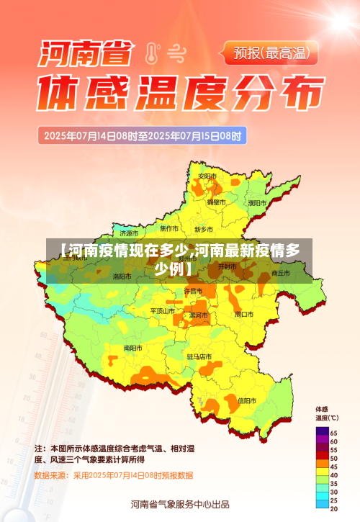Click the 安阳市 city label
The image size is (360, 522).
pyautogui.click(x=207, y=176)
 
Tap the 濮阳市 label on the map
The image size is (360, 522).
pyautogui.click(x=257, y=203)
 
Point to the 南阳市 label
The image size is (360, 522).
pyautogui.click(x=132, y=348)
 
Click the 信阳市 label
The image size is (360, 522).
pyautogui.click(x=247, y=400)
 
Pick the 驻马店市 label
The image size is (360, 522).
pyautogui.click(x=199, y=356)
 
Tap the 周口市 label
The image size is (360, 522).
pyautogui.click(x=244, y=315)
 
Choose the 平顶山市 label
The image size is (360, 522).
pyautogui.click(x=162, y=311)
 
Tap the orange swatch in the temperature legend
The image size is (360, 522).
pyautogui.click(x=322, y=466)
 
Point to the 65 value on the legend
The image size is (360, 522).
pyautogui.click(x=334, y=432)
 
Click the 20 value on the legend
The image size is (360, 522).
pyautogui.click(x=334, y=509)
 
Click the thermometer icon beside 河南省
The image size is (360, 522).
pyautogui.click(x=152, y=53)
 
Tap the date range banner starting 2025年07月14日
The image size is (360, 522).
pyautogui.click(x=143, y=135)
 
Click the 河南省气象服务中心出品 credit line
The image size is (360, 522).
pyautogui.click(x=180, y=503)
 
